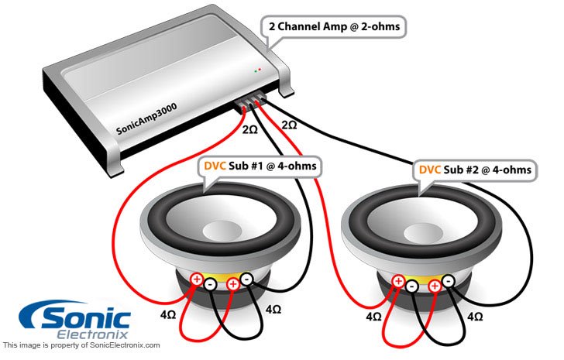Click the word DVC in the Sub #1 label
(x=216, y=166)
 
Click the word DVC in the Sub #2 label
(x=431, y=169)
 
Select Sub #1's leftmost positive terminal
(x=196, y=279)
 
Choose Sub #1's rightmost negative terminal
(x=246, y=279)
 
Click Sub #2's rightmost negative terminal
(x=448, y=282)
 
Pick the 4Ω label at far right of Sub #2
(x=475, y=317)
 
